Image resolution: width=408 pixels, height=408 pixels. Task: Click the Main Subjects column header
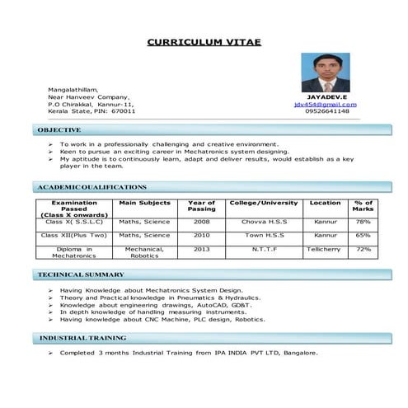coord(145,203)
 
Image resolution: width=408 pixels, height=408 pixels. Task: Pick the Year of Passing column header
coord(201,206)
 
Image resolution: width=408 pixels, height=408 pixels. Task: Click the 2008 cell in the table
coord(201,222)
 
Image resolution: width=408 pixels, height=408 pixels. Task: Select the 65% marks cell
coord(363,235)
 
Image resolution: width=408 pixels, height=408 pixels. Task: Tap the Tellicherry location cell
coord(325,248)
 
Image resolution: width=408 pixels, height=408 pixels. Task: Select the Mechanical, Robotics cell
coord(145,252)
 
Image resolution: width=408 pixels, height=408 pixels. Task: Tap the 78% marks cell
coord(363,222)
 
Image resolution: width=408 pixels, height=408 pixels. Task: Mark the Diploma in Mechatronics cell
coord(74,252)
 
